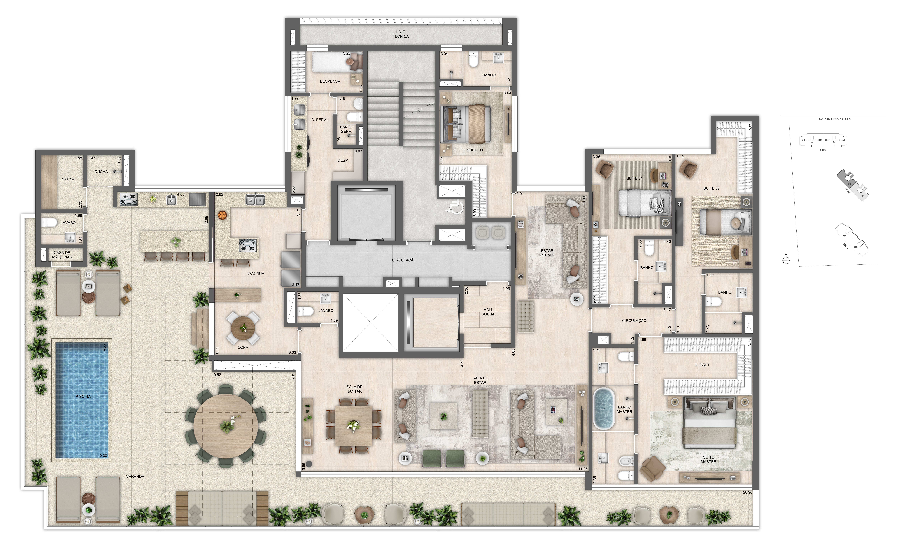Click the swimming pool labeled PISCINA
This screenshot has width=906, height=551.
coord(82,400)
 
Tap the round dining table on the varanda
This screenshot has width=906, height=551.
coord(226,426)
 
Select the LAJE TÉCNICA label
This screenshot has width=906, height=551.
coord(400,34)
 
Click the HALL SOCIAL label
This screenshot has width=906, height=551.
coord(488,312)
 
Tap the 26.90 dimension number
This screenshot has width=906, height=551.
coord(747,492)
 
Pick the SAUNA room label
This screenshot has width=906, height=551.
coord(68,179)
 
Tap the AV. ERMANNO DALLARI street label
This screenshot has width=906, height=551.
coord(835,119)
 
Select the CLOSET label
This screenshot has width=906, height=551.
coord(702,365)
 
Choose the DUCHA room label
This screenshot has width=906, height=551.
coord(101,172)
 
